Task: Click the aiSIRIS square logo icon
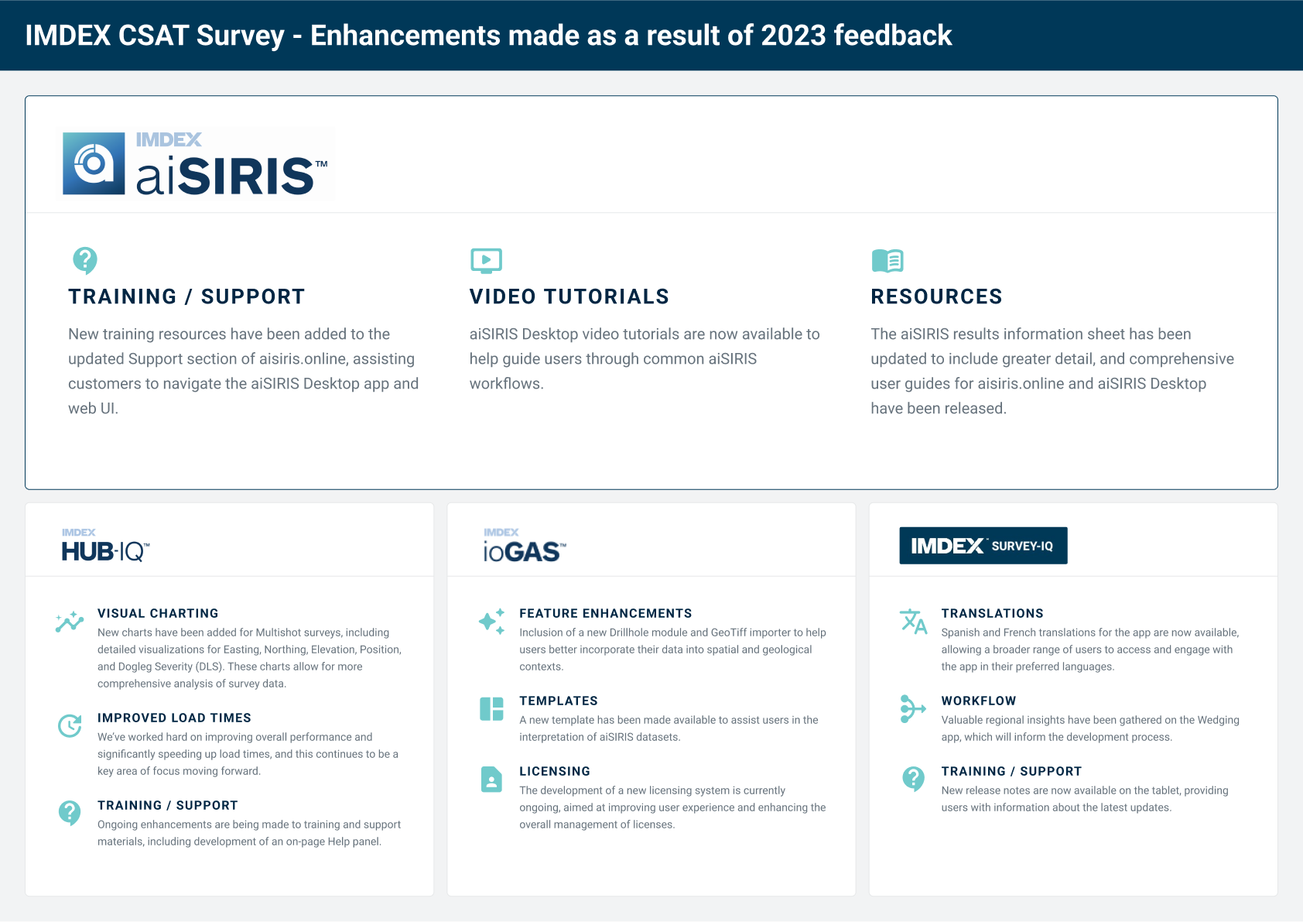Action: pyautogui.click(x=94, y=163)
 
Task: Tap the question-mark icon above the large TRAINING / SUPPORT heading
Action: pyautogui.click(x=85, y=260)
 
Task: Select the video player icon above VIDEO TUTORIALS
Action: pyautogui.click(x=486, y=261)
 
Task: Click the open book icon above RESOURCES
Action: pyautogui.click(x=887, y=261)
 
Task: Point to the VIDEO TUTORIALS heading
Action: pyautogui.click(x=569, y=296)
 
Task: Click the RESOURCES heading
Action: pyautogui.click(x=936, y=296)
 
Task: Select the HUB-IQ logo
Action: pyautogui.click(x=105, y=546)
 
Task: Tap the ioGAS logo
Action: pyautogui.click(x=525, y=546)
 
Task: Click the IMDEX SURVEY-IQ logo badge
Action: pyautogui.click(x=983, y=546)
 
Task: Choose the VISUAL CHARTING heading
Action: pyautogui.click(x=158, y=613)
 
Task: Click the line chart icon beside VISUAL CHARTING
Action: pyautogui.click(x=70, y=622)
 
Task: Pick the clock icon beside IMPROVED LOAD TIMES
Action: pyautogui.click(x=70, y=725)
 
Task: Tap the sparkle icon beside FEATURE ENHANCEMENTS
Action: pyautogui.click(x=491, y=622)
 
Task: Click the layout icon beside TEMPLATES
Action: pyautogui.click(x=491, y=709)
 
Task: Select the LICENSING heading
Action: pyautogui.click(x=554, y=771)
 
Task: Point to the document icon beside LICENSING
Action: pyautogui.click(x=491, y=780)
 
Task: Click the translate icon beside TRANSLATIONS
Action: pyautogui.click(x=913, y=622)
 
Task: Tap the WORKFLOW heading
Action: pyautogui.click(x=979, y=701)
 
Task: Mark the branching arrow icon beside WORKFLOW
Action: pyautogui.click(x=913, y=709)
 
